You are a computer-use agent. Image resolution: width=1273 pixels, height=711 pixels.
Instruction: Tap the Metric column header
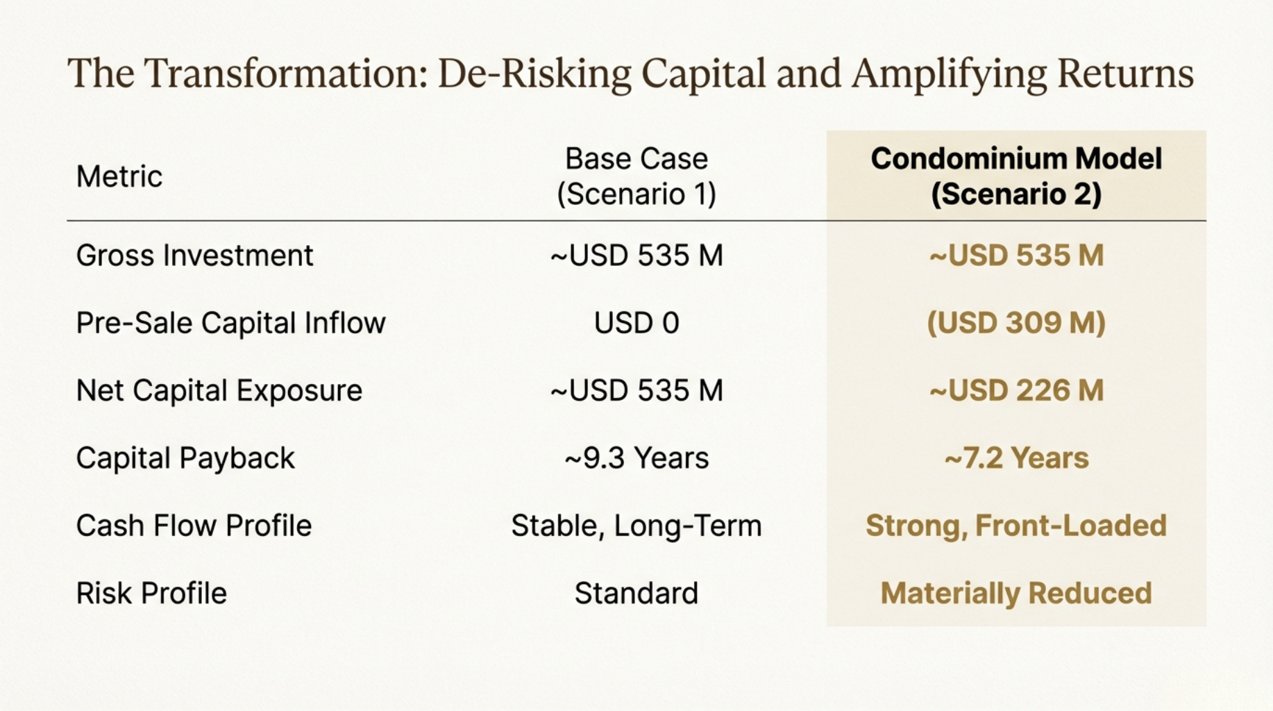pyautogui.click(x=119, y=176)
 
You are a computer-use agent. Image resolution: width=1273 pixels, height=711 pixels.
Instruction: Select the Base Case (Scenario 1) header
pyautogui.click(x=636, y=176)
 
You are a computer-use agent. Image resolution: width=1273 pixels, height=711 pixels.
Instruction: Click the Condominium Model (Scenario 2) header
pyautogui.click(x=1016, y=176)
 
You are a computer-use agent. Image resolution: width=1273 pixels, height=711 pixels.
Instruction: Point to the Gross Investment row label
pyautogui.click(x=195, y=256)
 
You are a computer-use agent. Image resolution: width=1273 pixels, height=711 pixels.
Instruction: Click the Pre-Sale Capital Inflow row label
pyautogui.click(x=231, y=323)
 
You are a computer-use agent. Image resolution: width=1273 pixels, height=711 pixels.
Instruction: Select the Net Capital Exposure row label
pyautogui.click(x=219, y=390)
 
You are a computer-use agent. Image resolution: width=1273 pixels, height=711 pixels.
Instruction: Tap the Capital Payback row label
pyautogui.click(x=185, y=458)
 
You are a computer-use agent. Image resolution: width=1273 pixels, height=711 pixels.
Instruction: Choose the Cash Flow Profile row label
pyautogui.click(x=194, y=526)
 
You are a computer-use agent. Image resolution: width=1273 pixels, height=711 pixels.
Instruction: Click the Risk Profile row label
pyautogui.click(x=151, y=593)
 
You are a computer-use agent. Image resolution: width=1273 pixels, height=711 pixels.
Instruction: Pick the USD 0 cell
pyautogui.click(x=636, y=323)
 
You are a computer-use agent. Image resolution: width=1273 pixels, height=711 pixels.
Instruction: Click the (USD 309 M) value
pyautogui.click(x=1016, y=323)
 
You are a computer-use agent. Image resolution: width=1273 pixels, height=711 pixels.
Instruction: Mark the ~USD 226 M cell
pyautogui.click(x=1016, y=390)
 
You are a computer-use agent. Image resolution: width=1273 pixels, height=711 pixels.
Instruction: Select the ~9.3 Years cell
pyautogui.click(x=636, y=458)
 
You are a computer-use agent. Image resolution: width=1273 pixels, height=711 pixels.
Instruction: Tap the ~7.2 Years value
pyautogui.click(x=1016, y=458)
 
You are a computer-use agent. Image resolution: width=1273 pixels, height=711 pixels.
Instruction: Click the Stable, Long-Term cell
pyautogui.click(x=636, y=526)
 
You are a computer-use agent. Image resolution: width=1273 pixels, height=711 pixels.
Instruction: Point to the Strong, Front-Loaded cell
pyautogui.click(x=1016, y=526)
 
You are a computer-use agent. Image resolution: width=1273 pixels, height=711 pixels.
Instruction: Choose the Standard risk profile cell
pyautogui.click(x=636, y=593)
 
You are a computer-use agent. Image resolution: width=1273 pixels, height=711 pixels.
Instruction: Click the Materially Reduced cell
pyautogui.click(x=1016, y=593)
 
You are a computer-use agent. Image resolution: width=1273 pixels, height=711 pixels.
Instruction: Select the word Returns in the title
pyautogui.click(x=1125, y=74)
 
